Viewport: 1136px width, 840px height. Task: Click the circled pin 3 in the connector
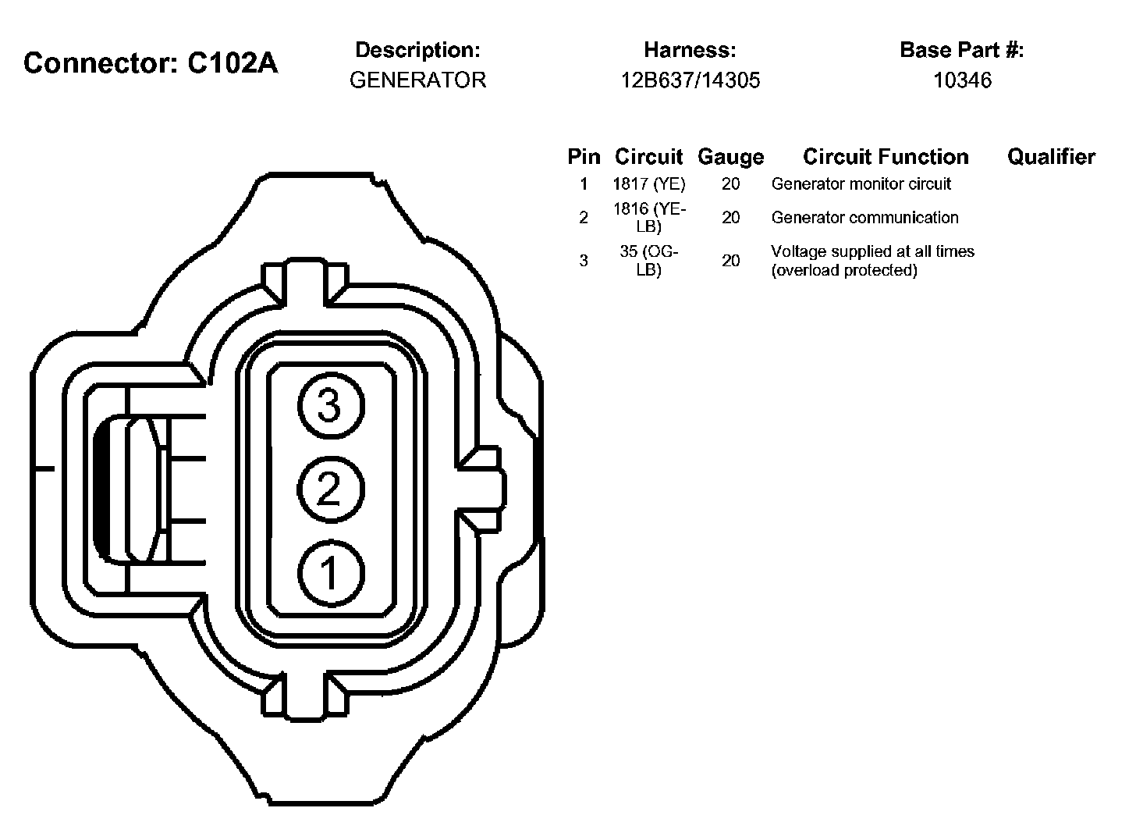[x=329, y=406]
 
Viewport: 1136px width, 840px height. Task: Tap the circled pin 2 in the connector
[x=329, y=489]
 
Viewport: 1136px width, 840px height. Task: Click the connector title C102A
[x=151, y=63]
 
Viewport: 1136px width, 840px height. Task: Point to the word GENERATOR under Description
[x=417, y=80]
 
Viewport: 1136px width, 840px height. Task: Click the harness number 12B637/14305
[x=690, y=80]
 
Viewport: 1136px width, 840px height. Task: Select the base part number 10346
[x=962, y=80]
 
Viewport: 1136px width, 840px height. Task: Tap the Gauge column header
[x=730, y=157]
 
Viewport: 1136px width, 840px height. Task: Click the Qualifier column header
[x=1051, y=157]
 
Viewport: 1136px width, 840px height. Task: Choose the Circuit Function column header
[x=886, y=157]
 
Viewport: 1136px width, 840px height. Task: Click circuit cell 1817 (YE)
[x=648, y=184]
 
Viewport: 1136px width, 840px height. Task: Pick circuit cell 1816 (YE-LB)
[x=648, y=218]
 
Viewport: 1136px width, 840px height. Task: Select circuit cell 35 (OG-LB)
[x=648, y=261]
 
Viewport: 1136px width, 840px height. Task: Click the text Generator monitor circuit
[x=861, y=184]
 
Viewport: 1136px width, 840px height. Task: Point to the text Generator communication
[x=864, y=218]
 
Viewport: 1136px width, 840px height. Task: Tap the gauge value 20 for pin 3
[x=730, y=261]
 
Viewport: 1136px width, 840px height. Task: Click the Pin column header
[x=584, y=157]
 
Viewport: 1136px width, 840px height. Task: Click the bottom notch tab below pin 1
[x=305, y=695]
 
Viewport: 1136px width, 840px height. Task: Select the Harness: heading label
[x=690, y=50]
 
